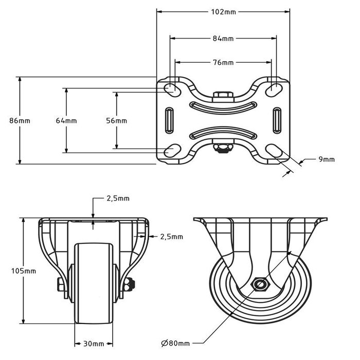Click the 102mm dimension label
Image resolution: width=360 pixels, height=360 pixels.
[223, 12]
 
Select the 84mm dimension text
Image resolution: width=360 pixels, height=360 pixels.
[223, 38]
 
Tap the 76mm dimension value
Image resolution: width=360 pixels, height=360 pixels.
[223, 62]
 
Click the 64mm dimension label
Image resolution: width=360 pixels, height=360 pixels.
[66, 120]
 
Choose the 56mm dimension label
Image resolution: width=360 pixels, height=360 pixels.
[116, 120]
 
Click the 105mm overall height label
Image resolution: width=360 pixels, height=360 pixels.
[23, 271]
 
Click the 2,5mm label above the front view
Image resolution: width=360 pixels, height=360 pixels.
[118, 198]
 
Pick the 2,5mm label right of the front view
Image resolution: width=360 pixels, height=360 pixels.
[171, 237]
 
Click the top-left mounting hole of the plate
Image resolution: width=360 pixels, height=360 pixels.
[172, 88]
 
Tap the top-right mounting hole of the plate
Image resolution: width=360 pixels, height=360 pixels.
[274, 88]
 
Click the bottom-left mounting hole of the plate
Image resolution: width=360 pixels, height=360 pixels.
[172, 151]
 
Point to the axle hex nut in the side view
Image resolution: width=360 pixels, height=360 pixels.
[259, 284]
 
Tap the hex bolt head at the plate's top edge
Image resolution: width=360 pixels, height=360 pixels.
[223, 95]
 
